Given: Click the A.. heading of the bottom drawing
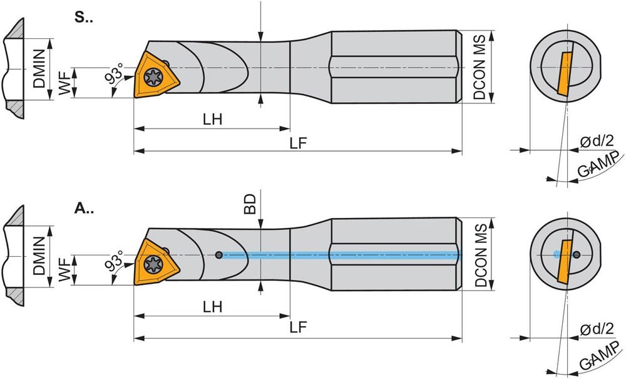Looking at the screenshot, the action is click(x=84, y=209).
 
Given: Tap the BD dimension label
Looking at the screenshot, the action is click(x=250, y=204).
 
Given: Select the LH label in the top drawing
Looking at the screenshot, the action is click(x=212, y=119).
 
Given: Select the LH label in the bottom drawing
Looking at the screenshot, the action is click(x=212, y=307).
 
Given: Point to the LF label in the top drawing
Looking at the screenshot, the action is click(x=298, y=143).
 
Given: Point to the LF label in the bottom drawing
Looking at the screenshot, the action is click(x=298, y=328).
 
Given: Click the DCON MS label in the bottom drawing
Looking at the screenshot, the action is click(x=481, y=255).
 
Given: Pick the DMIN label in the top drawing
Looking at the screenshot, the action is click(x=39, y=68).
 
